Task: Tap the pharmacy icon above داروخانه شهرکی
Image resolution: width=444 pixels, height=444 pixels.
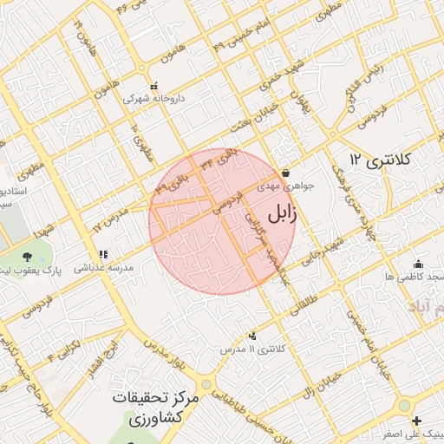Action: pos(154,87)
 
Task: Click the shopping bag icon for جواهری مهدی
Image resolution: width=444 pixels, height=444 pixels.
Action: pos(286,172)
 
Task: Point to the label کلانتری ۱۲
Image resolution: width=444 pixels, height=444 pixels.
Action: pos(379,160)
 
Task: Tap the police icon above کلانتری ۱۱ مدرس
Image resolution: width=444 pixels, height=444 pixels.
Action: pos(252,336)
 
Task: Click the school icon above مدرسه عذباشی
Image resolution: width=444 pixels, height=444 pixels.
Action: pos(103,255)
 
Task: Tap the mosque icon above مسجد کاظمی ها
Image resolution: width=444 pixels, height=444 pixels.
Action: pos(419,264)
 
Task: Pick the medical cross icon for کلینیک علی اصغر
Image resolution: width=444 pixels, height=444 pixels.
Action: pos(417,421)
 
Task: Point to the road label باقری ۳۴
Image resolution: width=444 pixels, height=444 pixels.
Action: pos(215,159)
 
